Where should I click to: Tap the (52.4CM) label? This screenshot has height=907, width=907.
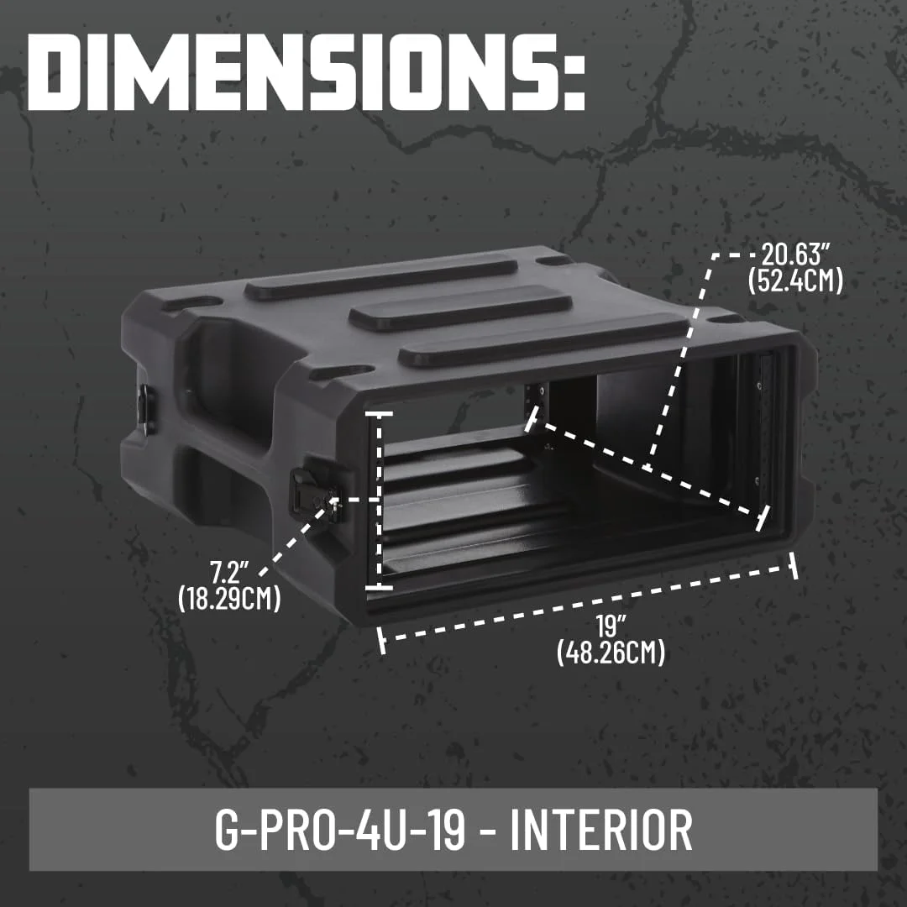click(794, 280)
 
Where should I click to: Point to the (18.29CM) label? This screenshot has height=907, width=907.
click(228, 600)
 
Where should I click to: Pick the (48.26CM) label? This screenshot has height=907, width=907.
click(611, 652)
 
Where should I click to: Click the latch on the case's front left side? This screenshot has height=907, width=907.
click(308, 496)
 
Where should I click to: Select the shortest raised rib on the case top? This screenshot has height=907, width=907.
click(459, 307)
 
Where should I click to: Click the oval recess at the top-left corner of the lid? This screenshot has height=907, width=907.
click(192, 302)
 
